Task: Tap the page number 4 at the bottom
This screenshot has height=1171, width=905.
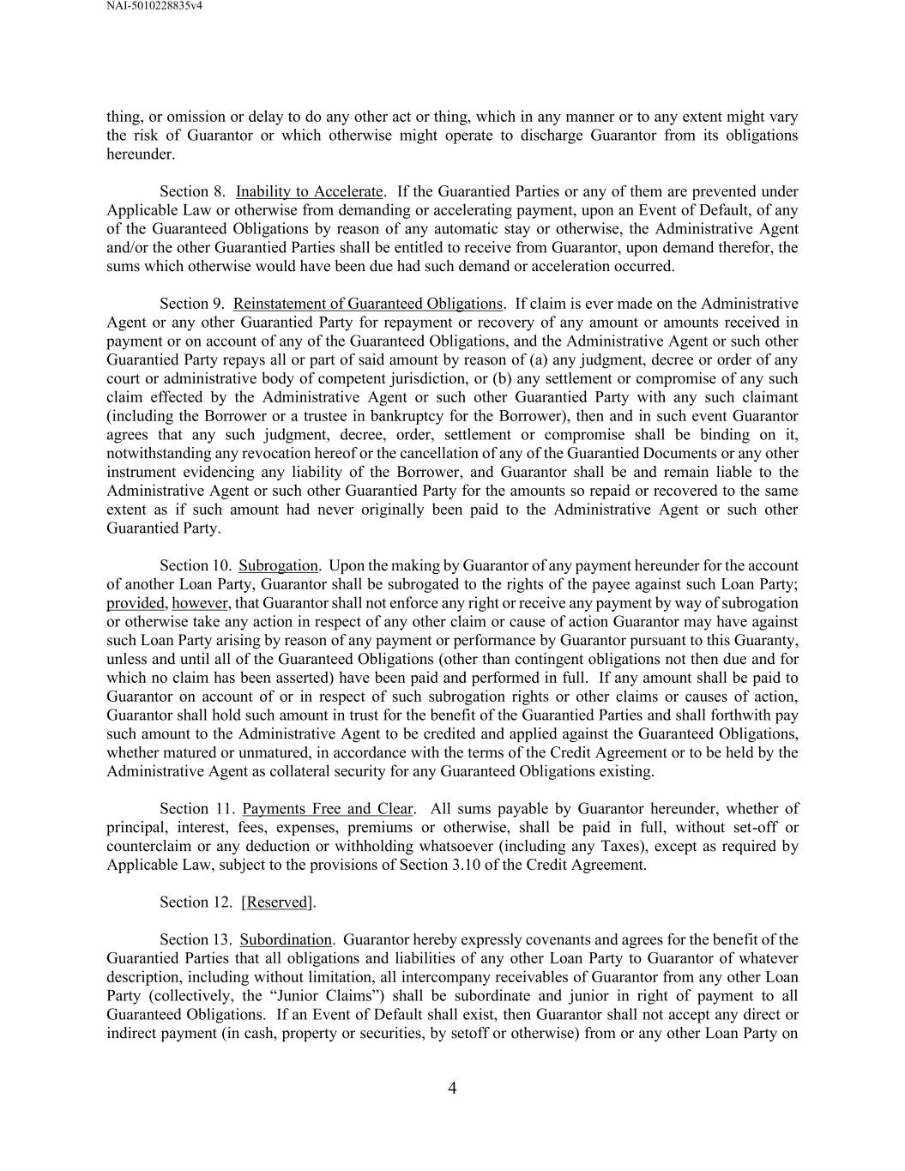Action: [x=452, y=1089]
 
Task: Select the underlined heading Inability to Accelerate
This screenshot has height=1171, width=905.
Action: [x=309, y=191]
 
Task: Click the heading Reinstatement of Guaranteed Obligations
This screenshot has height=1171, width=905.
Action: [x=368, y=304]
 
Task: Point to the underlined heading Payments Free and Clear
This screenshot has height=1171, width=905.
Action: [x=328, y=809]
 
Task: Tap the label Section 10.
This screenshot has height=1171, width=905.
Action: [x=195, y=566]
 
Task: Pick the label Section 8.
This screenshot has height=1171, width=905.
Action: [x=192, y=191]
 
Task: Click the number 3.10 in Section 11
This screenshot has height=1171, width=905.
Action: [x=443, y=865]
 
